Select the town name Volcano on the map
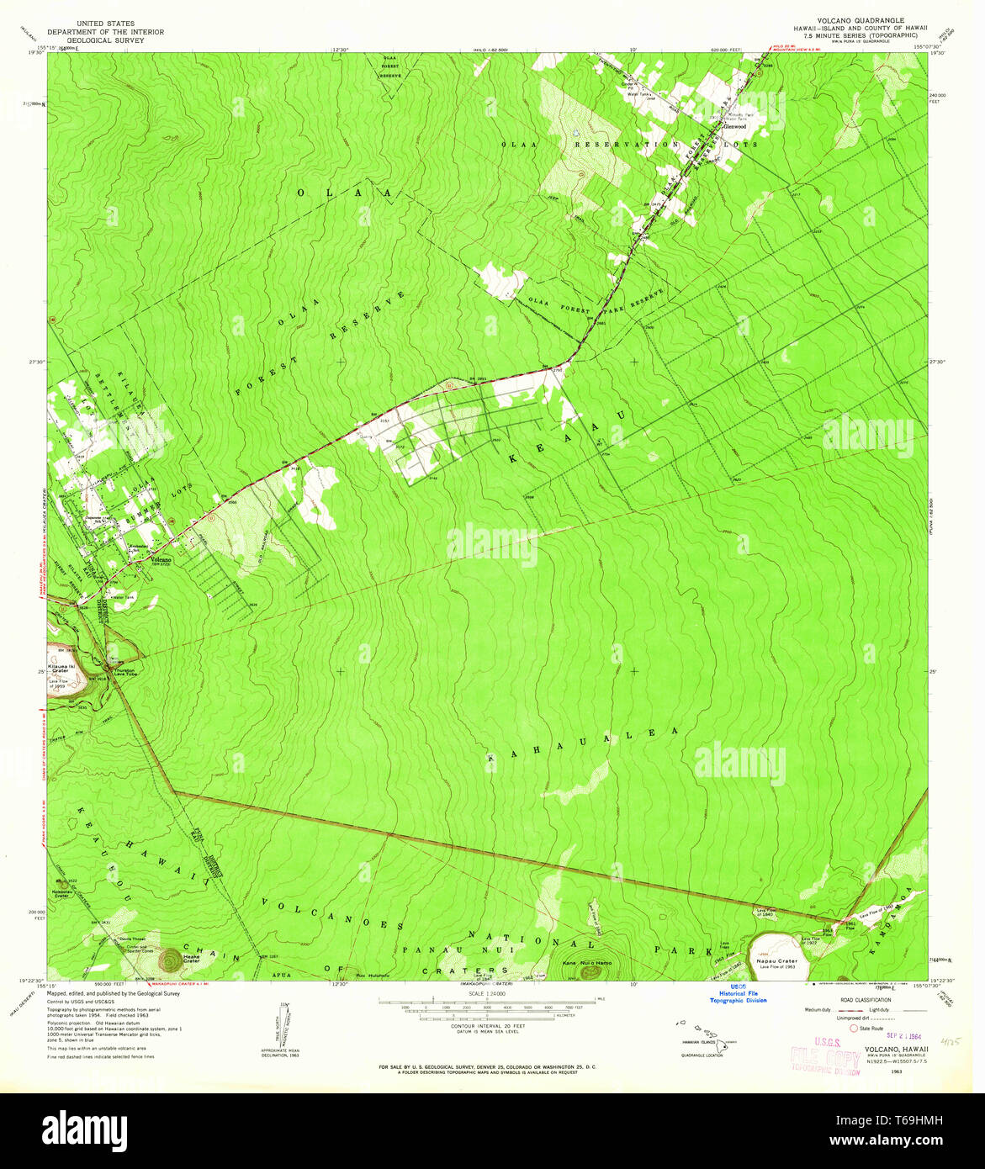160,559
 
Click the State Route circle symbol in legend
854,1028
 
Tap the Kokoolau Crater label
61,894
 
